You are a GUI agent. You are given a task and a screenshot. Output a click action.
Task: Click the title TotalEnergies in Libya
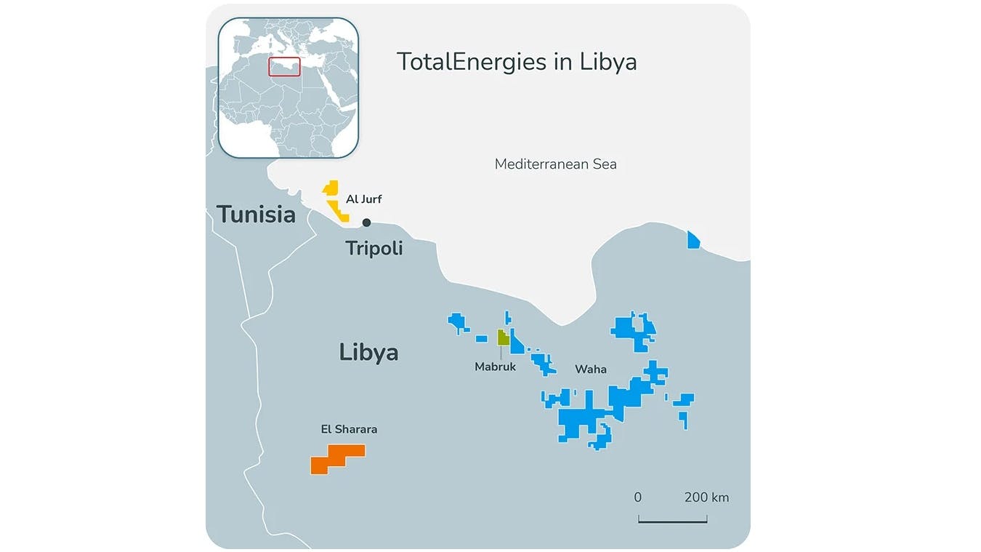[x=516, y=62]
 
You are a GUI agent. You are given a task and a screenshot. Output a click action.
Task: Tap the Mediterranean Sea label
[x=555, y=164]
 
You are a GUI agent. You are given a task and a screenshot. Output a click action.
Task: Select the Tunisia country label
[x=256, y=215]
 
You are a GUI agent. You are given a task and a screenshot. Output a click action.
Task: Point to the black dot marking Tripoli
[x=367, y=223]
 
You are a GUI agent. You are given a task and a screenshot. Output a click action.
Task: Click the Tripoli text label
[x=374, y=249]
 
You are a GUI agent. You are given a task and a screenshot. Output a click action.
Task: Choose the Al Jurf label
[x=363, y=199]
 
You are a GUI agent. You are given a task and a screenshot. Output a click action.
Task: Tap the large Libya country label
[x=368, y=353]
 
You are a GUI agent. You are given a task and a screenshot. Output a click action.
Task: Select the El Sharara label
[x=349, y=429]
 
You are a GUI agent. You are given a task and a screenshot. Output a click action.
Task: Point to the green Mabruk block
[x=503, y=337]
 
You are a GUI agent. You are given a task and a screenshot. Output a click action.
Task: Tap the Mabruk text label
[x=495, y=367]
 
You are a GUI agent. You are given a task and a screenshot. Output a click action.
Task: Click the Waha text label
[x=590, y=369]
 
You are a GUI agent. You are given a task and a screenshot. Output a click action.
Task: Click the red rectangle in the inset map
[x=284, y=66]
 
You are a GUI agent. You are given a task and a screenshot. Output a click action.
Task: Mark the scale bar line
[x=672, y=521]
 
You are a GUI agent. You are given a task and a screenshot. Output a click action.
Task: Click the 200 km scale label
[x=706, y=498]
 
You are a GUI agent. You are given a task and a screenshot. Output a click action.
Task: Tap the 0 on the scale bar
[x=638, y=498]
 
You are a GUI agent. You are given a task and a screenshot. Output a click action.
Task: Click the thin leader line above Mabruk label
[x=501, y=352]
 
